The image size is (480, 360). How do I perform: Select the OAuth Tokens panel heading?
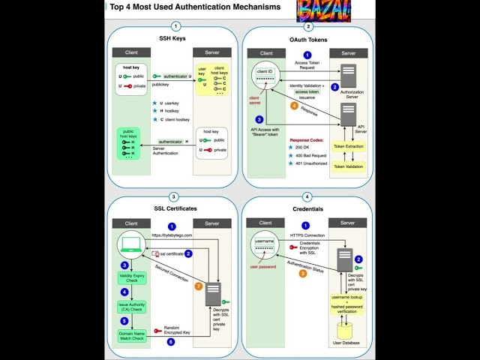[307, 39]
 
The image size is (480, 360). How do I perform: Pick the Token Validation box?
[349, 167]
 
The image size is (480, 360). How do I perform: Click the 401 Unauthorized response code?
[312, 163]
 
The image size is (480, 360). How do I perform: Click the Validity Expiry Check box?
[130, 279]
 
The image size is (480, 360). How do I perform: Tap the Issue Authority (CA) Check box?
[130, 306]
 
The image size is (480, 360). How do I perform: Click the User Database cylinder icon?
[346, 329]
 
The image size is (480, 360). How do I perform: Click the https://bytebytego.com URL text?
[172, 235]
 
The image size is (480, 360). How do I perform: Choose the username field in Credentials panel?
[265, 242]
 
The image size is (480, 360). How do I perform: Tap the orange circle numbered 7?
[198, 286]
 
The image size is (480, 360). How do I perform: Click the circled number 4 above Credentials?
[307, 196]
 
